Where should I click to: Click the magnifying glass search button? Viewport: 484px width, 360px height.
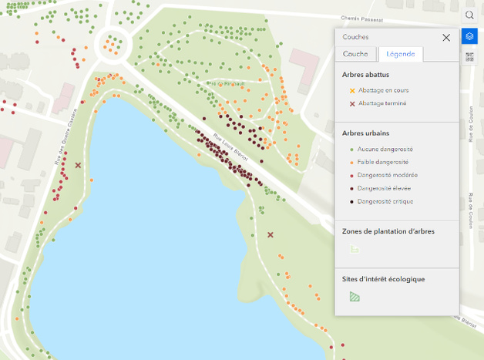pyautogui.click(x=469, y=15)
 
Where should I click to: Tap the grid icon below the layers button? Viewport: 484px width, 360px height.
pyautogui.click(x=469, y=56)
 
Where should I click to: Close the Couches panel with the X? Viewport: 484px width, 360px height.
pyautogui.click(x=446, y=37)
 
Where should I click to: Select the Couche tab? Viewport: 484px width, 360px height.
pyautogui.click(x=355, y=54)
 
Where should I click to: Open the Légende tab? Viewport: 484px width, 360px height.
pyautogui.click(x=400, y=54)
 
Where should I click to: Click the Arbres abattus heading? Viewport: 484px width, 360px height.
pyautogui.click(x=365, y=75)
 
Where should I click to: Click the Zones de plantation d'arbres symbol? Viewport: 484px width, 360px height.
pyautogui.click(x=354, y=248)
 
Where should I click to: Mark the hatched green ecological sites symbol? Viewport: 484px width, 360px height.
pyautogui.click(x=354, y=296)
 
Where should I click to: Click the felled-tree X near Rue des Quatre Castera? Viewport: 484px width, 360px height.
pyautogui.click(x=78, y=164)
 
